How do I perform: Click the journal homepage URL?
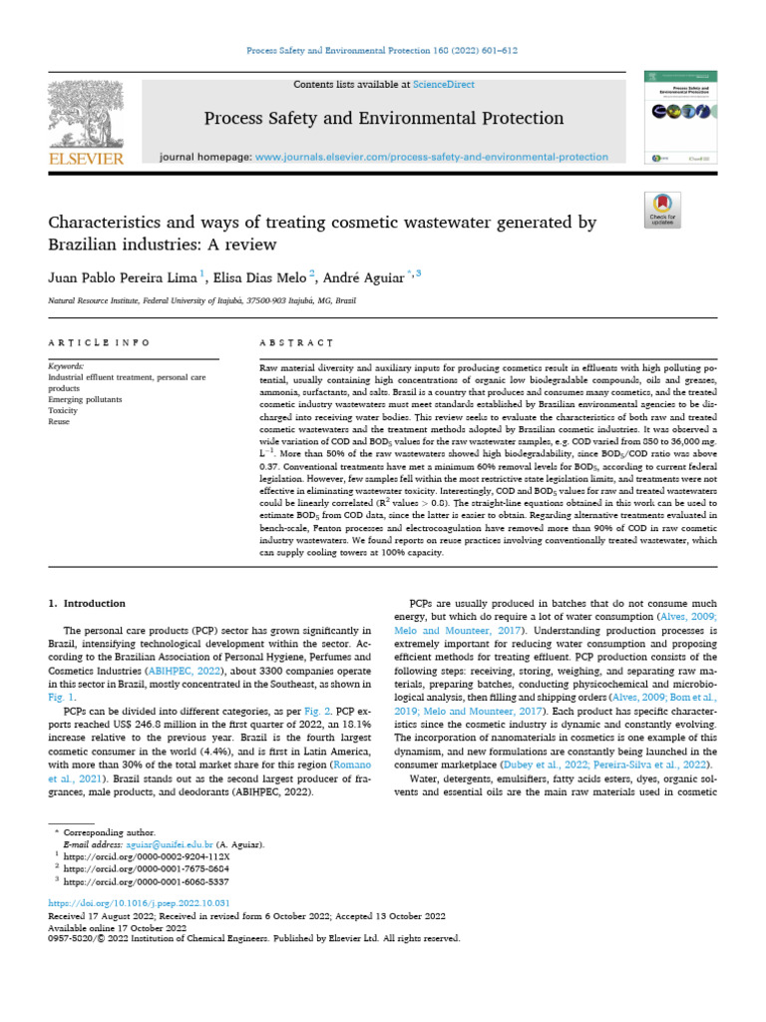(x=431, y=157)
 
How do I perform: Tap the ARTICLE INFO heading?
(x=99, y=342)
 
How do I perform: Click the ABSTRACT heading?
(x=295, y=342)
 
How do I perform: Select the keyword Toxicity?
(x=64, y=409)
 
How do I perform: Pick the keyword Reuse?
(x=60, y=421)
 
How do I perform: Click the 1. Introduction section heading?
(x=88, y=603)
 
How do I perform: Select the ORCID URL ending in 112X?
(x=147, y=856)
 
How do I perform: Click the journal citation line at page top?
(x=382, y=51)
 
